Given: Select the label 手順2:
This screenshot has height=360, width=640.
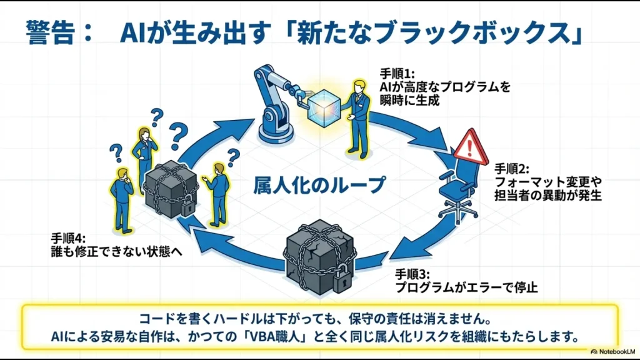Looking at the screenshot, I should tap(512, 169).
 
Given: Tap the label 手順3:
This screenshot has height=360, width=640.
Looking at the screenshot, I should tap(413, 274).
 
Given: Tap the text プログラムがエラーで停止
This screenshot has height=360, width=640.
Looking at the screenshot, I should tap(466, 288).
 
